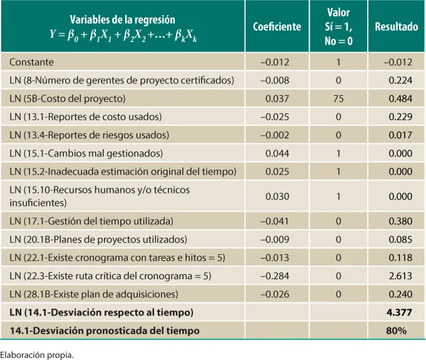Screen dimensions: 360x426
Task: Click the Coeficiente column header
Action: (x=276, y=27)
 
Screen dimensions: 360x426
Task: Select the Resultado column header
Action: (x=396, y=27)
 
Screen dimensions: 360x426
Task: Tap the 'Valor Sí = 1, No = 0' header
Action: (x=338, y=27)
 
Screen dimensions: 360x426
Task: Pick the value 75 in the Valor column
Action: (x=338, y=99)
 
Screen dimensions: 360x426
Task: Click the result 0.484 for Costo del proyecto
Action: (x=400, y=99)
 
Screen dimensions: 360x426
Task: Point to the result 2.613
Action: (x=400, y=275)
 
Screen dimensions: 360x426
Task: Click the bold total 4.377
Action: (x=400, y=312)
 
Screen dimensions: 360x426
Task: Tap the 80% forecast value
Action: (x=402, y=330)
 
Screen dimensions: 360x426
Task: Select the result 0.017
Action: (x=400, y=135)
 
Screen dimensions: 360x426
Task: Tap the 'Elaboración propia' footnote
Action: (x=37, y=354)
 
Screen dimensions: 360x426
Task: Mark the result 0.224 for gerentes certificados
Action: (x=400, y=80)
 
